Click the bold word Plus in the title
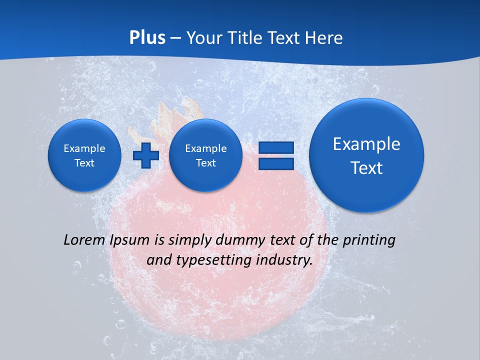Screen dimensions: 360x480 point(147,38)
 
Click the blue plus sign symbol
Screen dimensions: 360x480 point(145,155)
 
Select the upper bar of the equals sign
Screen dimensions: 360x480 point(276,147)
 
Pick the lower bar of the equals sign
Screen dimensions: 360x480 point(276,163)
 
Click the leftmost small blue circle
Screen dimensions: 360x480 point(84,155)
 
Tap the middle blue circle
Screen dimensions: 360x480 point(205,155)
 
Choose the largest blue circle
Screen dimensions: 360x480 point(366,155)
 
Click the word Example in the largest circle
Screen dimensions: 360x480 point(366,144)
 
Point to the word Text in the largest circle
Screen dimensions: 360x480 point(366,168)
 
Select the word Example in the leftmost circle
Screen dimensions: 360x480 point(84,148)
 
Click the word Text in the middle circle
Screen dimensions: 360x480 point(205,163)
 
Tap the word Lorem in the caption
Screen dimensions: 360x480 point(85,240)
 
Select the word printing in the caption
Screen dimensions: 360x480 point(368,240)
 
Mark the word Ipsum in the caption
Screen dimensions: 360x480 point(130,240)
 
